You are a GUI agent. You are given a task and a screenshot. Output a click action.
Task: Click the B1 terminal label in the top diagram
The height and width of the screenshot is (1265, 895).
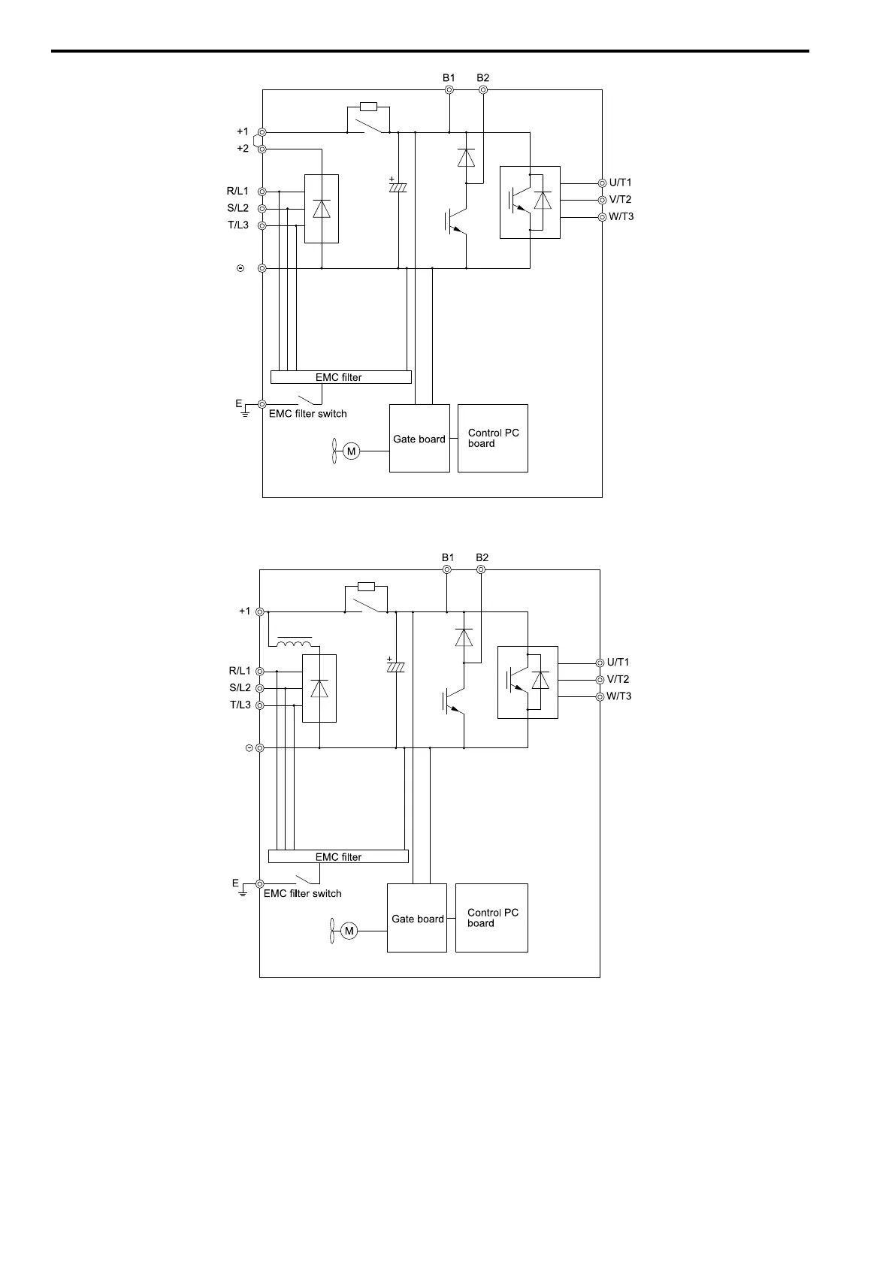pyautogui.click(x=449, y=77)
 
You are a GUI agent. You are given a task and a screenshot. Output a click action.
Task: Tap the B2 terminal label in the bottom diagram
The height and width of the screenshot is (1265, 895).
pyautogui.click(x=482, y=557)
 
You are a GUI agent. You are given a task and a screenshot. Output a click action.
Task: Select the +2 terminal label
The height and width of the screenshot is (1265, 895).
pyautogui.click(x=242, y=149)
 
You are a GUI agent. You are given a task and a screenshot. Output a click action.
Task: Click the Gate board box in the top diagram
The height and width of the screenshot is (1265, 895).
pyautogui.click(x=419, y=439)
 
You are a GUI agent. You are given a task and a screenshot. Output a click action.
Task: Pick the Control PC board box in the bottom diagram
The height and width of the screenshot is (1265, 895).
pyautogui.click(x=491, y=918)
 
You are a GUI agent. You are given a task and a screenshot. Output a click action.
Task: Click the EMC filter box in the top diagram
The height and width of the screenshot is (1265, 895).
pyautogui.click(x=340, y=377)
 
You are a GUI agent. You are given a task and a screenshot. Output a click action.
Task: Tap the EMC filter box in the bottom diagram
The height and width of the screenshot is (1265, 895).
pyautogui.click(x=338, y=856)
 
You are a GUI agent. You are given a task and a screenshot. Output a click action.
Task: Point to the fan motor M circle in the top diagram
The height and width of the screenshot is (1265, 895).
pyautogui.click(x=350, y=451)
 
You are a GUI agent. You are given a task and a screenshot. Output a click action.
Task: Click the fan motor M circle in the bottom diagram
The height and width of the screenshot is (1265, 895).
pyautogui.click(x=349, y=931)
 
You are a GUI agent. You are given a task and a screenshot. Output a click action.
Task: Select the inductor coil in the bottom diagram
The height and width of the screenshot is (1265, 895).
pyautogui.click(x=295, y=643)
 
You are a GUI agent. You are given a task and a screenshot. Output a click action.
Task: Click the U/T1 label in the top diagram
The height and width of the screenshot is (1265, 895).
pyautogui.click(x=620, y=183)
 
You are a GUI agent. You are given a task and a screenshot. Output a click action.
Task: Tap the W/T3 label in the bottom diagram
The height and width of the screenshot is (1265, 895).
pyautogui.click(x=618, y=696)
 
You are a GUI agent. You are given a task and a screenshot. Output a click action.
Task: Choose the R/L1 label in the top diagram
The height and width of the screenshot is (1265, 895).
pyautogui.click(x=237, y=192)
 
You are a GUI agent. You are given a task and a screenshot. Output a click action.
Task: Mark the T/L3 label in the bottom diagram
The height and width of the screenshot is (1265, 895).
pyautogui.click(x=240, y=705)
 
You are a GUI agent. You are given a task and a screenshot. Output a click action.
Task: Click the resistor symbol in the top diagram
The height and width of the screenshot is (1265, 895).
pyautogui.click(x=368, y=107)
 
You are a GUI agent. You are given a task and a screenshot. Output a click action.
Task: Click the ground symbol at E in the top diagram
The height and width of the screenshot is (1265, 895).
pyautogui.click(x=245, y=413)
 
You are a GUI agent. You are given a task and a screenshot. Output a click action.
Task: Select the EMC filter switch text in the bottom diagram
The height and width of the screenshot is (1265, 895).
pyautogui.click(x=302, y=894)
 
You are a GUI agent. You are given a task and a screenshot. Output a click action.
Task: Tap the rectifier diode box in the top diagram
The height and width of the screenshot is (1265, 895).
pyautogui.click(x=321, y=209)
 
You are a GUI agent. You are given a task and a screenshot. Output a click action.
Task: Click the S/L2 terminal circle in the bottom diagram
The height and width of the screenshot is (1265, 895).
pyautogui.click(x=259, y=688)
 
